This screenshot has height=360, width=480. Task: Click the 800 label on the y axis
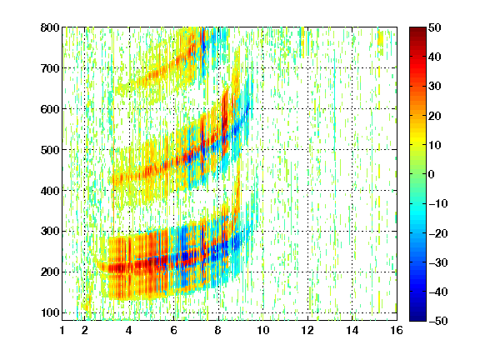click(x=50, y=27)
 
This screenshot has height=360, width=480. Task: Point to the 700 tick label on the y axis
click(x=50, y=68)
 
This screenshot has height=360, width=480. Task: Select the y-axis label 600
click(x=50, y=109)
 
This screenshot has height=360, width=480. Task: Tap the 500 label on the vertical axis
click(x=50, y=150)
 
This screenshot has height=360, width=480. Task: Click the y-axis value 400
click(x=50, y=191)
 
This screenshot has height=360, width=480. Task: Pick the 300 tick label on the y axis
click(x=50, y=231)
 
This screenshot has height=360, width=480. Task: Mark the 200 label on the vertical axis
click(x=50, y=272)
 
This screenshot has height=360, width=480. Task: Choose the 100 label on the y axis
click(x=50, y=312)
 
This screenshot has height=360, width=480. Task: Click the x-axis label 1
click(x=62, y=330)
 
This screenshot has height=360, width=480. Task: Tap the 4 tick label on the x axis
click(x=129, y=330)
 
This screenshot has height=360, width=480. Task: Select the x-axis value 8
click(x=218, y=330)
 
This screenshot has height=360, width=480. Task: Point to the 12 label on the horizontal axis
click(x=307, y=330)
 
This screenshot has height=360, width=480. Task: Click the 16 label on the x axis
click(x=397, y=330)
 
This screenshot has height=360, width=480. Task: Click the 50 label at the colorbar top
click(x=435, y=27)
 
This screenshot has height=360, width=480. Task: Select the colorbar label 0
click(x=432, y=174)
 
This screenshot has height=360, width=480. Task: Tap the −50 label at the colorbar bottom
click(x=438, y=321)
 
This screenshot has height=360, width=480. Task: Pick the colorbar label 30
click(x=435, y=87)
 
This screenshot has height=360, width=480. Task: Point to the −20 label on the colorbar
click(x=438, y=233)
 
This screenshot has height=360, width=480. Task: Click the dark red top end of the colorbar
click(x=417, y=29)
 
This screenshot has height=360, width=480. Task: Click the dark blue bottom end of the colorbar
click(x=417, y=318)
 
